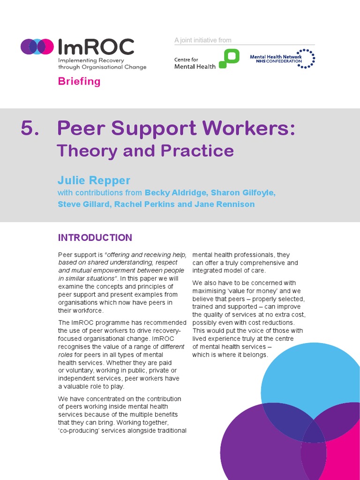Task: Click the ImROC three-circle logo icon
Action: click(x=37, y=46)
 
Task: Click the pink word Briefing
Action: click(x=79, y=81)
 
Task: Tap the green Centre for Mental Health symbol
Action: click(x=229, y=59)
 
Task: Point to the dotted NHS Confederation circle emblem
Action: click(x=307, y=59)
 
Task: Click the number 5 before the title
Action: click(x=30, y=128)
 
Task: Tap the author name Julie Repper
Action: click(x=94, y=180)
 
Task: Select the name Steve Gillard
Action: click(x=82, y=204)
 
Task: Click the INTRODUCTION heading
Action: click(x=95, y=238)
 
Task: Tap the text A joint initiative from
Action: click(x=203, y=40)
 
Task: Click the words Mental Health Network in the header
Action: click(x=276, y=57)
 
